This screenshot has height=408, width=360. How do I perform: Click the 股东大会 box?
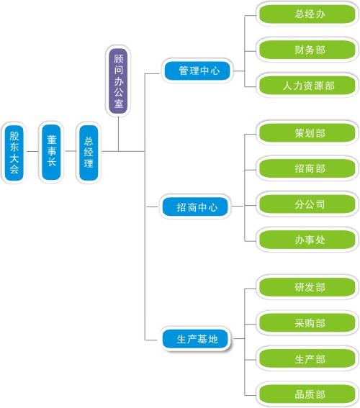click(x=14, y=153)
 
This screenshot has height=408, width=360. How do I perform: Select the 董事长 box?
click(x=51, y=152)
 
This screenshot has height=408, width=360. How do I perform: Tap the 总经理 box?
click(x=89, y=153)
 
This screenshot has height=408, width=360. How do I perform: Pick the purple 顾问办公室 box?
click(x=118, y=81)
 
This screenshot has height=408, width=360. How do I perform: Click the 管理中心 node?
click(x=197, y=71)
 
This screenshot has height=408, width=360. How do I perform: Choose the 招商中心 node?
click(x=195, y=207)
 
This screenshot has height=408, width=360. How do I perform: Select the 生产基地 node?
click(x=196, y=339)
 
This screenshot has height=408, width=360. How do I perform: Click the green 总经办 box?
click(x=307, y=14)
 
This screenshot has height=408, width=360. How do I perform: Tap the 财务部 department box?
click(x=307, y=50)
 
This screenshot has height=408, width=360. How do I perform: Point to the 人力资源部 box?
click(x=307, y=86)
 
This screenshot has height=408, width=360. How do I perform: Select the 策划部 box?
click(x=307, y=133)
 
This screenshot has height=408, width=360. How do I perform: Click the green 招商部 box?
click(x=307, y=168)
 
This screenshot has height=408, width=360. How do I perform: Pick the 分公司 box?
click(x=307, y=204)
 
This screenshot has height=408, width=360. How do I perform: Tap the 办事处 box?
click(x=307, y=240)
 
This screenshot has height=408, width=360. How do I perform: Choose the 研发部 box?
click(x=307, y=287)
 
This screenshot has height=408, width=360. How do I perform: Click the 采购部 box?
click(x=307, y=323)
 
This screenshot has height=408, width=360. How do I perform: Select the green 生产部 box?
click(x=307, y=359)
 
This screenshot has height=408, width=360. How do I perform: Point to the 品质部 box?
click(x=307, y=394)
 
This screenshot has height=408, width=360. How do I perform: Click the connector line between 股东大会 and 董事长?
click(x=32, y=151)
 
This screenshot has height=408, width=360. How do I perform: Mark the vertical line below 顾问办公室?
click(x=118, y=134)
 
